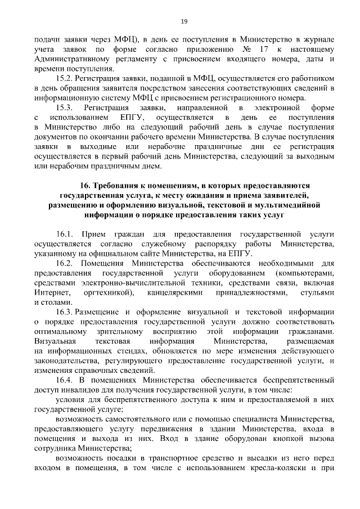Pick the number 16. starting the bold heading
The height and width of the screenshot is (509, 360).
(x=85, y=186)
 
